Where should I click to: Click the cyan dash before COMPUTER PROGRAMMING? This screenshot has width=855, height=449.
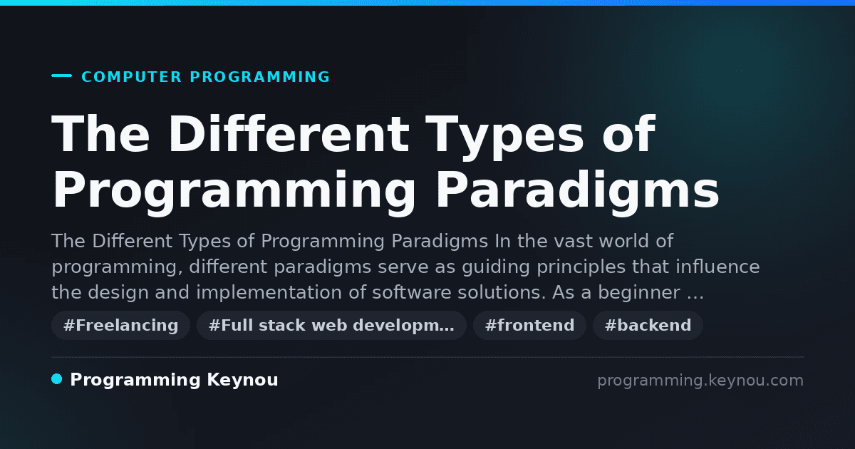pos(61,76)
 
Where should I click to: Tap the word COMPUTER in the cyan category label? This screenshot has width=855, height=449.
pos(131,77)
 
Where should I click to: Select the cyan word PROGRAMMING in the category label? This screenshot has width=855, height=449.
pos(259,77)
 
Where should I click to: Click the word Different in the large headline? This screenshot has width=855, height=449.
pos(288,134)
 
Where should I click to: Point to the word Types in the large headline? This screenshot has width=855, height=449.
pos(504,138)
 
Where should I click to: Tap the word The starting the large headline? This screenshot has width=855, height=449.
pos(100,134)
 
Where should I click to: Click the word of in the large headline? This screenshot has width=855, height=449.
pos(628,134)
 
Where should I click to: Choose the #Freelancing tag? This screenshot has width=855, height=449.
pos(120,325)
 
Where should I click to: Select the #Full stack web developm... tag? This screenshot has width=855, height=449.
pos(331,325)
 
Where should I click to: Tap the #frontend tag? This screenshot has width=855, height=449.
pos(529,325)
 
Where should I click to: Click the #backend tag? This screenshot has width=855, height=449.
pos(648,325)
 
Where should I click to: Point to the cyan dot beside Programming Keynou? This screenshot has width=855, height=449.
pos(57,379)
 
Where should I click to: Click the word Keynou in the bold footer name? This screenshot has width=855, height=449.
pos(242,381)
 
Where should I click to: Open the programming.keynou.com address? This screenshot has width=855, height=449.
pos(700,381)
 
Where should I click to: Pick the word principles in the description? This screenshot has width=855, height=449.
pos(581,267)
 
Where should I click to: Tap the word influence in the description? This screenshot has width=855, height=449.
pos(717,267)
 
